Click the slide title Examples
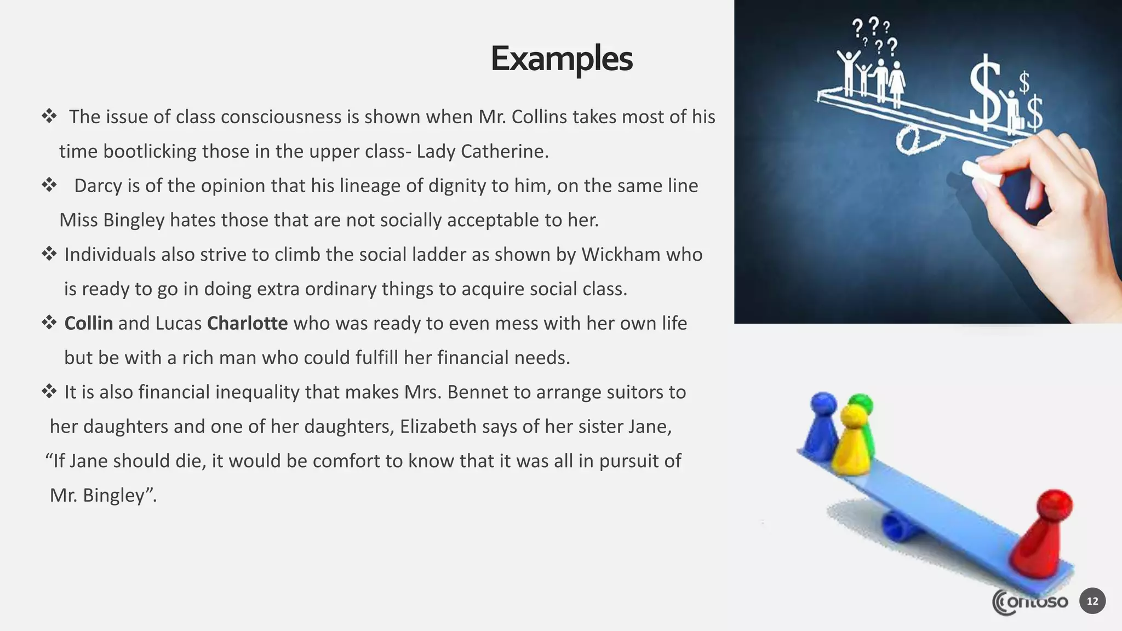(562, 59)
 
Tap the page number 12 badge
(1092, 601)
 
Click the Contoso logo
(1030, 603)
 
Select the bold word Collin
(89, 323)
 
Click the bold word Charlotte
(247, 323)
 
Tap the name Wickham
(621, 255)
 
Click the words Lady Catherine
(482, 151)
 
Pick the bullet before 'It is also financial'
(49, 392)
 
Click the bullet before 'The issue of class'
(49, 116)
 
